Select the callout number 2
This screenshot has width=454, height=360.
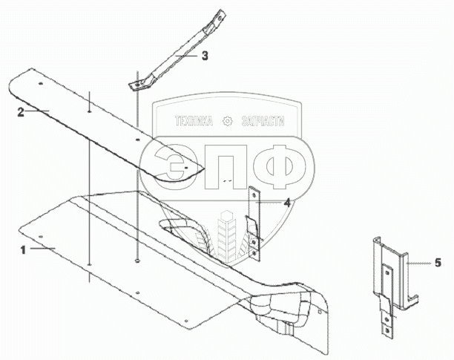(22, 111)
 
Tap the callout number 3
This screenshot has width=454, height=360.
(205, 55)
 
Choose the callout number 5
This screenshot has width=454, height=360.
(438, 262)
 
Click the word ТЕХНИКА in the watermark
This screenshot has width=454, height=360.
(193, 122)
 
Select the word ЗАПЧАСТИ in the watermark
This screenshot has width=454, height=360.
(264, 122)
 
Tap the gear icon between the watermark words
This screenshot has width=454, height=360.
(228, 122)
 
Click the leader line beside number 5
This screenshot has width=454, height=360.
(418, 262)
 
